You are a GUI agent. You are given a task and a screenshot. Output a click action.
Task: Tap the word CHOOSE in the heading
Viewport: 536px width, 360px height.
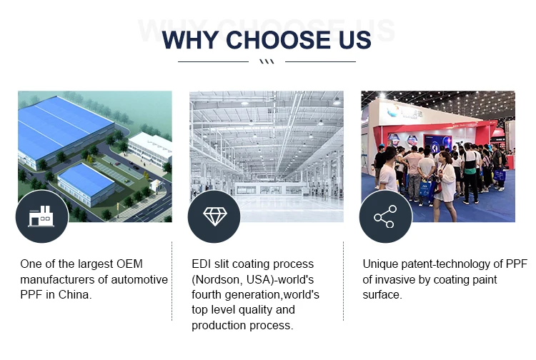pos(278,40)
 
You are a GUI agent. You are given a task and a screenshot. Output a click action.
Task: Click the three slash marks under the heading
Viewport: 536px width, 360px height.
pos(267,62)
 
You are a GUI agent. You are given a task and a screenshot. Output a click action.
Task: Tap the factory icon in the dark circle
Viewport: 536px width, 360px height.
pos(41,216)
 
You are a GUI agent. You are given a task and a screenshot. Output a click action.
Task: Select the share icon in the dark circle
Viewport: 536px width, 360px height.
pos(385,216)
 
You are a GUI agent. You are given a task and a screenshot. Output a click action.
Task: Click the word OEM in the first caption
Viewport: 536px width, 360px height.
pos(129,264)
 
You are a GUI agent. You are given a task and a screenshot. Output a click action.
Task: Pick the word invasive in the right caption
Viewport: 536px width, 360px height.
pos(394,280)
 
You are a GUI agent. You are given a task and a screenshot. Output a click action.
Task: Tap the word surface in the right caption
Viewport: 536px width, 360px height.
pos(381,295)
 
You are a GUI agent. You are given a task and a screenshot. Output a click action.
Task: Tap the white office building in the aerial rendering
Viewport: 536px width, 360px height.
pos(150,148)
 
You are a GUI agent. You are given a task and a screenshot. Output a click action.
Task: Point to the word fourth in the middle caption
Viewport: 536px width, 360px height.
pos(207,295)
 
